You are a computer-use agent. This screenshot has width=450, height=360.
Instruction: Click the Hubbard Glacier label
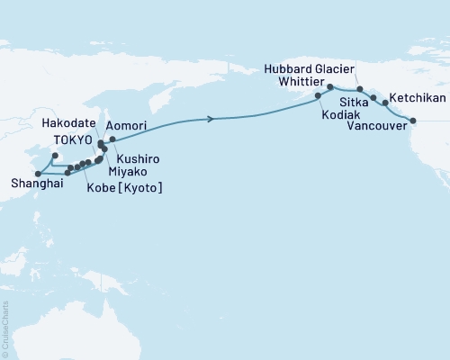pyautogui.click(x=310, y=66)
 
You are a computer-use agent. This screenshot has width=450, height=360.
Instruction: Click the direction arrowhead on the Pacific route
pyautogui.click(x=211, y=119)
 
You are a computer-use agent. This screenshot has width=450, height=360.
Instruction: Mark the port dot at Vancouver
pyautogui.click(x=413, y=121)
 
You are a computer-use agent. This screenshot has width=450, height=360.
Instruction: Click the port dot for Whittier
pyautogui.click(x=330, y=87)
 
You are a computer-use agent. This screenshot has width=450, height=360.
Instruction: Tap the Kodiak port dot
pyautogui.click(x=318, y=95)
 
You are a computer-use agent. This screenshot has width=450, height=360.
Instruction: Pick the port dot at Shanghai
pyautogui.click(x=37, y=174)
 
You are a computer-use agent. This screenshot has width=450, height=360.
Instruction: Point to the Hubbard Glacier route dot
pyautogui.click(x=360, y=89)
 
